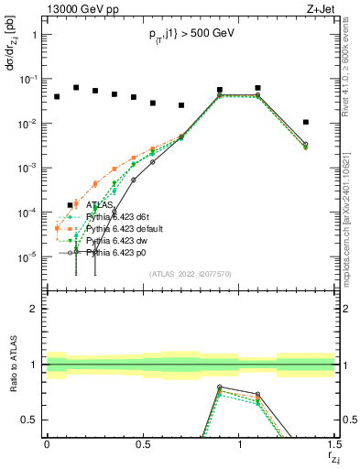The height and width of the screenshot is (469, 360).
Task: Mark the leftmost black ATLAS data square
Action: (57, 96)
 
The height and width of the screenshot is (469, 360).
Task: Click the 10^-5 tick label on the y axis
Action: (29, 256)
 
